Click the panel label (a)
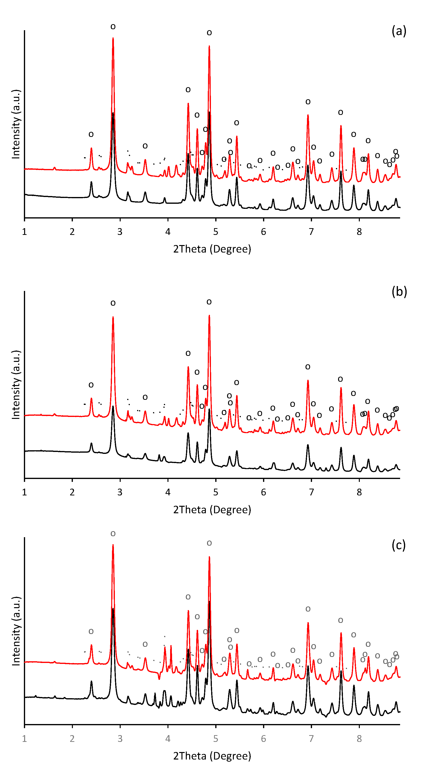coord(399,31)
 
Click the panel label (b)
coord(399,292)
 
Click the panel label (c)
coord(398,545)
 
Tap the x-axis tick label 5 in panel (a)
coord(215,232)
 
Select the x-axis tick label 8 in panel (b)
coord(359,492)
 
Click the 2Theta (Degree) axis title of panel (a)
coord(212,249)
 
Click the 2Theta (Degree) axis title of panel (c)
coord(212,756)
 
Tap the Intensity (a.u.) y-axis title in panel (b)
coord(16,385)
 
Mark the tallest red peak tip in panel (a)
coord(113,38)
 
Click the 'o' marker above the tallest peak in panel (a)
coord(113,27)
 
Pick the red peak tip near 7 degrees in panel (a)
coord(308,115)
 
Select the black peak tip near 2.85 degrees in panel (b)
coord(113,406)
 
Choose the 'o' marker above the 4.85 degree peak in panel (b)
coord(209,302)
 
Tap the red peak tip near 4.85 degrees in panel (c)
coord(209,557)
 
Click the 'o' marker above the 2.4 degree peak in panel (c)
coord(91,632)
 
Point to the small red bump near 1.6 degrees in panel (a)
coord(55,167)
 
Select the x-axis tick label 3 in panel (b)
coord(120,492)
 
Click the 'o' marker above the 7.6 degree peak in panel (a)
coord(341,113)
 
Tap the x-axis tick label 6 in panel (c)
coord(263,739)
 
